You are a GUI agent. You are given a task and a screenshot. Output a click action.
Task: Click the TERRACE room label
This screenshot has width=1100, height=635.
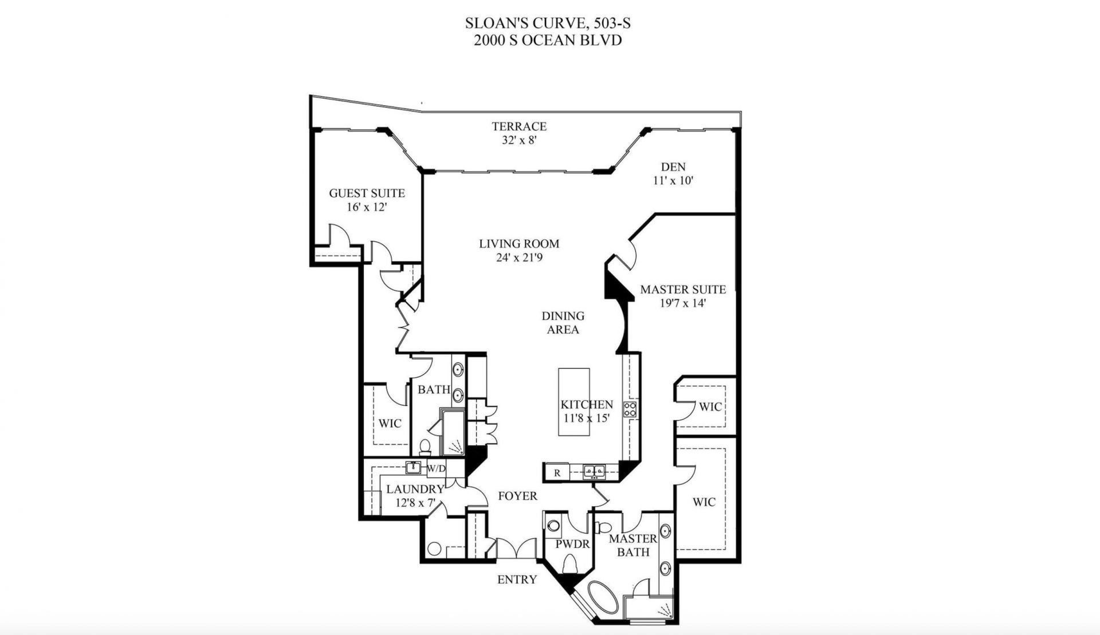519,127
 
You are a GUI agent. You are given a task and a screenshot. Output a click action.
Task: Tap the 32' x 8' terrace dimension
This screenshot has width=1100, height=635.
519,140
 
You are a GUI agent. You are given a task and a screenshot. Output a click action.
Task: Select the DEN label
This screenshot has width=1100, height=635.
673,167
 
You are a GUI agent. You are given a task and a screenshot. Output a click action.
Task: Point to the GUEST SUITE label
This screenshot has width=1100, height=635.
367,194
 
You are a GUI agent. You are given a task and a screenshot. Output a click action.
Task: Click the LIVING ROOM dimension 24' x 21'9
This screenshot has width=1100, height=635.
519,258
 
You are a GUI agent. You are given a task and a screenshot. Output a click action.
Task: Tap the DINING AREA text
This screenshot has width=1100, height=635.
563,322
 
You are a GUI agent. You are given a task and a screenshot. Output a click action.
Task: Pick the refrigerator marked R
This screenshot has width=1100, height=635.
557,473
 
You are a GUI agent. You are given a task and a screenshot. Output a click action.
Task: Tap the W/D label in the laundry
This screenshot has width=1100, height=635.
436,468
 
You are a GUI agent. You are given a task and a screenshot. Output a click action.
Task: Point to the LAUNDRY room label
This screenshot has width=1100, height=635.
415,490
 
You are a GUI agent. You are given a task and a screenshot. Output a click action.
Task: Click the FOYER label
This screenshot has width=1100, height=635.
517,496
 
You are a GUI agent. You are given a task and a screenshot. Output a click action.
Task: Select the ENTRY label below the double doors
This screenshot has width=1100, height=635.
517,579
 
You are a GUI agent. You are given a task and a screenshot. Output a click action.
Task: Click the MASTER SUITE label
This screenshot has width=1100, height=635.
682,290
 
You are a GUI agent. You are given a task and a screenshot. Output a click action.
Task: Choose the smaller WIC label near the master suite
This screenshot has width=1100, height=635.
710,407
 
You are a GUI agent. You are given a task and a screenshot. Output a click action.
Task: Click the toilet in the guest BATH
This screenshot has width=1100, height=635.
425,446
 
